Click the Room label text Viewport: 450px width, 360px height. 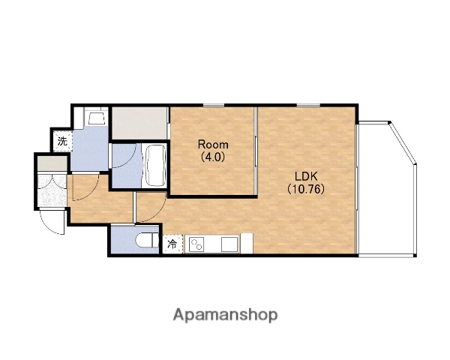(x=213, y=145)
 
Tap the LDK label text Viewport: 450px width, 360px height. (x=306, y=175)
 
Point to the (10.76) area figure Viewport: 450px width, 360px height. (x=306, y=188)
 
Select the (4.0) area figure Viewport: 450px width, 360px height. (x=213, y=157)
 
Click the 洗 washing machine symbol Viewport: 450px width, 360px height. (x=62, y=141)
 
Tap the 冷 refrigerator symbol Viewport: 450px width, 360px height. (x=172, y=244)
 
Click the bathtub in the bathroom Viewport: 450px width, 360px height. (x=155, y=166)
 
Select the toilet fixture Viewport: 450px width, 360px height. (x=147, y=240)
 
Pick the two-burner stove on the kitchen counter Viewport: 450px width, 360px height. (x=196, y=244)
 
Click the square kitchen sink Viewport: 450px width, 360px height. (x=230, y=244)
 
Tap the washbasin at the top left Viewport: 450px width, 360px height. (x=96, y=117)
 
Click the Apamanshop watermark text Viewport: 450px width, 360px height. (x=225, y=315)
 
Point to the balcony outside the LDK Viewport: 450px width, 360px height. (x=386, y=188)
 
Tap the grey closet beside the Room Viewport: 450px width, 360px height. (x=139, y=123)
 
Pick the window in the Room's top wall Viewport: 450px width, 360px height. (x=214, y=105)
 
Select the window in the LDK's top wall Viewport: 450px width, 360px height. (x=308, y=105)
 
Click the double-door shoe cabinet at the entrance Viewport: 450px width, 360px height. (x=52, y=190)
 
